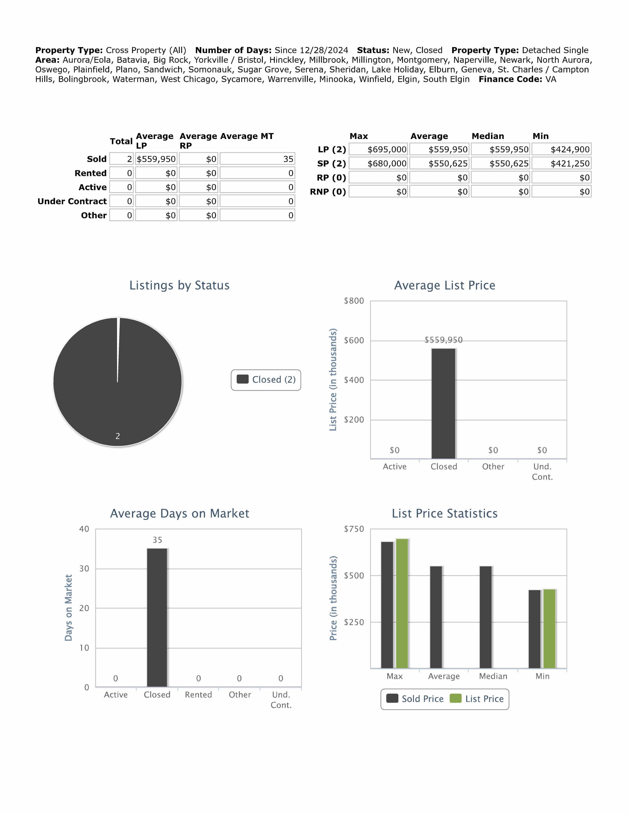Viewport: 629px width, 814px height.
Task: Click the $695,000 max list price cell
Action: pos(379,149)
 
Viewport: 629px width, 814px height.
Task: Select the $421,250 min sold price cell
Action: pos(561,164)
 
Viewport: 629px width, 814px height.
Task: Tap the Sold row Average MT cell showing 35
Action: pos(257,159)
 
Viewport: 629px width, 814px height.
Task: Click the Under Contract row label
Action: pos(72,201)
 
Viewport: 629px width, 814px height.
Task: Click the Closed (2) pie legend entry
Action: pos(266,380)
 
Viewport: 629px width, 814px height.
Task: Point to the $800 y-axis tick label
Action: pos(354,301)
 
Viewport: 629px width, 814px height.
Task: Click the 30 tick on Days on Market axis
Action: pos(84,569)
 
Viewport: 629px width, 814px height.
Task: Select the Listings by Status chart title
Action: pos(179,285)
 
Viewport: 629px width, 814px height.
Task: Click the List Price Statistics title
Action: pos(445,513)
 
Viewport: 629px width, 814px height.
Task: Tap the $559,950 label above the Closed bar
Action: pos(443,340)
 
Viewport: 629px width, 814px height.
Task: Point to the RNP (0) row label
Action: pos(328,192)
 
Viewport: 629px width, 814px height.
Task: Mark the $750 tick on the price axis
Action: pos(354,529)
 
